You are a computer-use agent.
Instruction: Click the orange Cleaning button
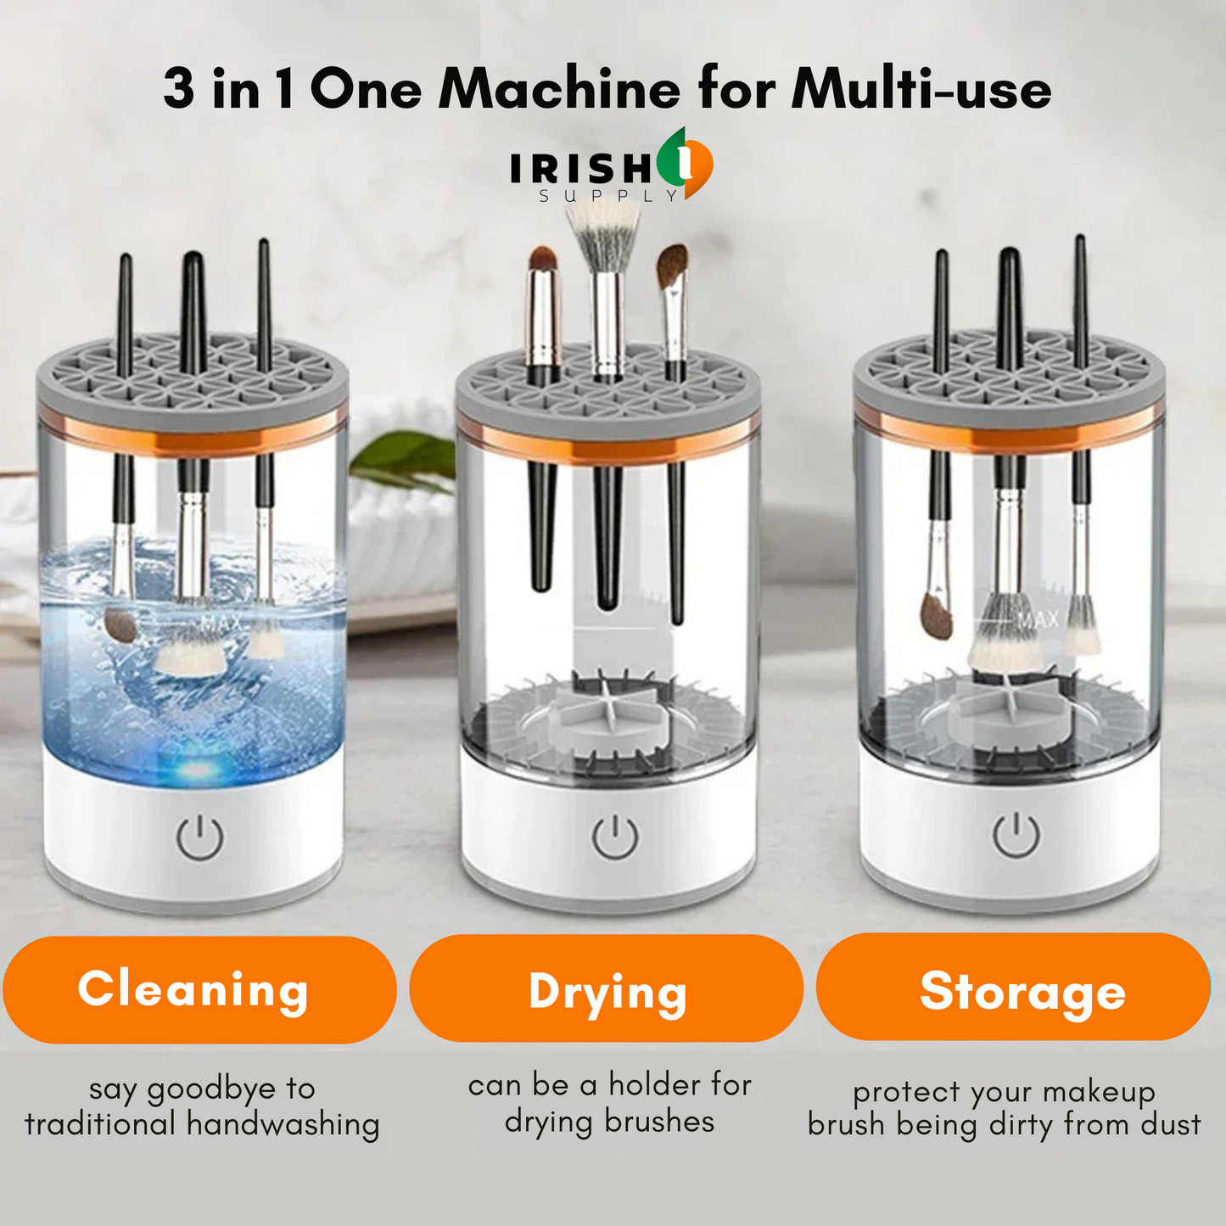(x=199, y=989)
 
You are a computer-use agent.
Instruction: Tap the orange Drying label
(x=607, y=989)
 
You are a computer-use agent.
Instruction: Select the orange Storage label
(x=1013, y=988)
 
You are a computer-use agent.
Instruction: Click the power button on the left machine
(x=200, y=837)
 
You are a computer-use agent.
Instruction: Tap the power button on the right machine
(x=1016, y=834)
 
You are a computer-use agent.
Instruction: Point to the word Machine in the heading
(x=559, y=88)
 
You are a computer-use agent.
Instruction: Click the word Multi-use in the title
(x=921, y=88)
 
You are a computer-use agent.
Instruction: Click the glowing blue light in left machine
(x=197, y=769)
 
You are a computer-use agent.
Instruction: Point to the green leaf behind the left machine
(x=403, y=458)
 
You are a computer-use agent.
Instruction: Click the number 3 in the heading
(x=178, y=88)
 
